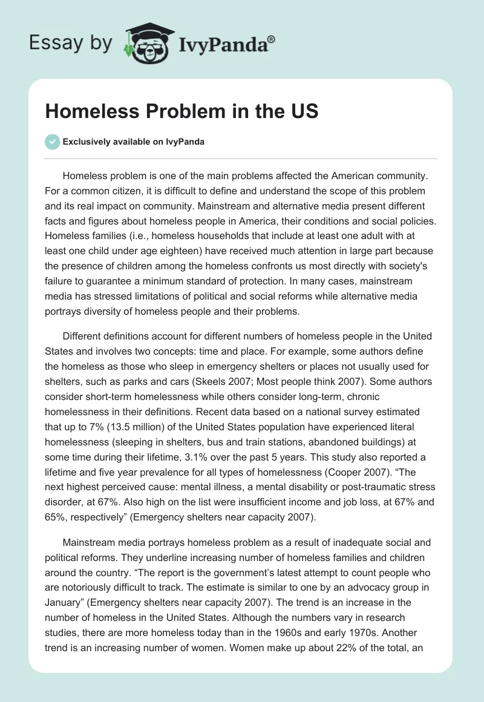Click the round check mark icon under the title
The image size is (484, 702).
coord(53,142)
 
